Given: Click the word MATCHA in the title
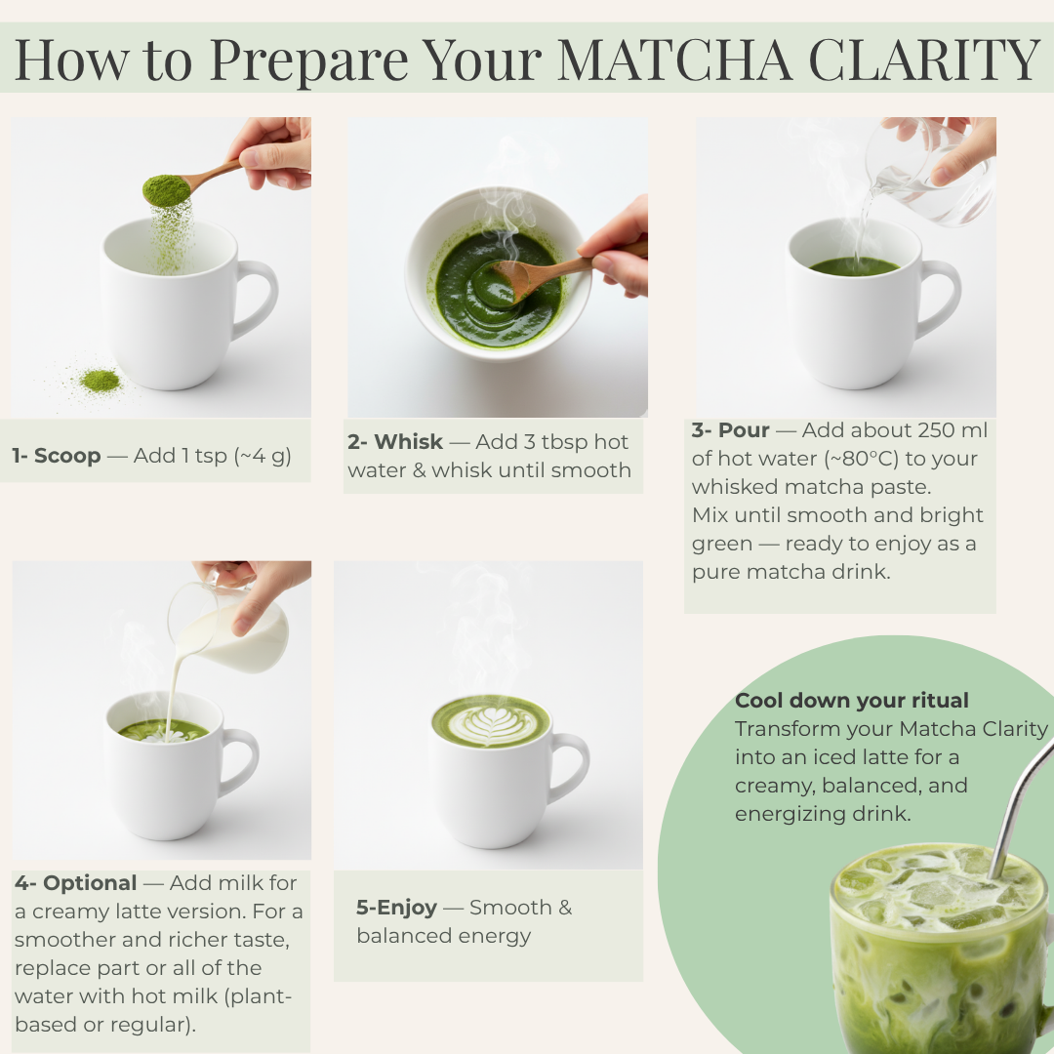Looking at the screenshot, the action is pyautogui.click(x=674, y=60).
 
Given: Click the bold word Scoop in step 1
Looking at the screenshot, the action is pyautogui.click(x=67, y=456).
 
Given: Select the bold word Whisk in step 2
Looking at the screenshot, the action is pyautogui.click(x=409, y=442).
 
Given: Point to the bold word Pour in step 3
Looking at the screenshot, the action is pyautogui.click(x=744, y=430).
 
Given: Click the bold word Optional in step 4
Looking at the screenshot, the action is pyautogui.click(x=90, y=883).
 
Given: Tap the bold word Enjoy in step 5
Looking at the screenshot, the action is pyautogui.click(x=407, y=909).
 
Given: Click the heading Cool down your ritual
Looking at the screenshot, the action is pyautogui.click(x=852, y=701).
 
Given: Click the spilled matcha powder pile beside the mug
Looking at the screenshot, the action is pyautogui.click(x=100, y=382).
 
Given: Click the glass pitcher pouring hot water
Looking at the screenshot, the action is pyautogui.click(x=932, y=171).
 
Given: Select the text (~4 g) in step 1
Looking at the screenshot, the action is pyautogui.click(x=263, y=456).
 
